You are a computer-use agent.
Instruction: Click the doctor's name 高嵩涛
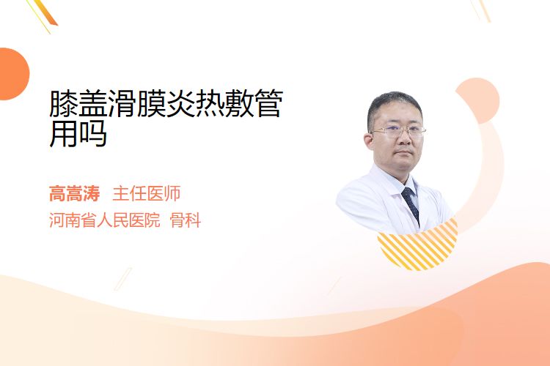pyautogui.click(x=74, y=193)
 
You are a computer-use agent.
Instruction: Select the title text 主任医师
pyautogui.click(x=147, y=193)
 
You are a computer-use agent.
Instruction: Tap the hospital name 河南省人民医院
pyautogui.click(x=105, y=220)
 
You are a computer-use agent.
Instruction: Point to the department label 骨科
pyautogui.click(x=186, y=220)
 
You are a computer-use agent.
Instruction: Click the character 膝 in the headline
pyautogui.click(x=64, y=103)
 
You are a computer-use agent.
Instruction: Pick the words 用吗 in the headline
pyautogui.click(x=78, y=134)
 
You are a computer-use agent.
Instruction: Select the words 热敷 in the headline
pyautogui.click(x=224, y=103)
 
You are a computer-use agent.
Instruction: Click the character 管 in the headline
pyautogui.click(x=268, y=103)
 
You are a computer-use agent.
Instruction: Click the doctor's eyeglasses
pyautogui.click(x=398, y=131)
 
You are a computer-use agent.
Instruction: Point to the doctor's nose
pyautogui.click(x=404, y=138)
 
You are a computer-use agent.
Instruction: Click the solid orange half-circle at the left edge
pyautogui.click(x=14, y=74)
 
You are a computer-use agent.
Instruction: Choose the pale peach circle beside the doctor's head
pyautogui.click(x=478, y=100)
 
